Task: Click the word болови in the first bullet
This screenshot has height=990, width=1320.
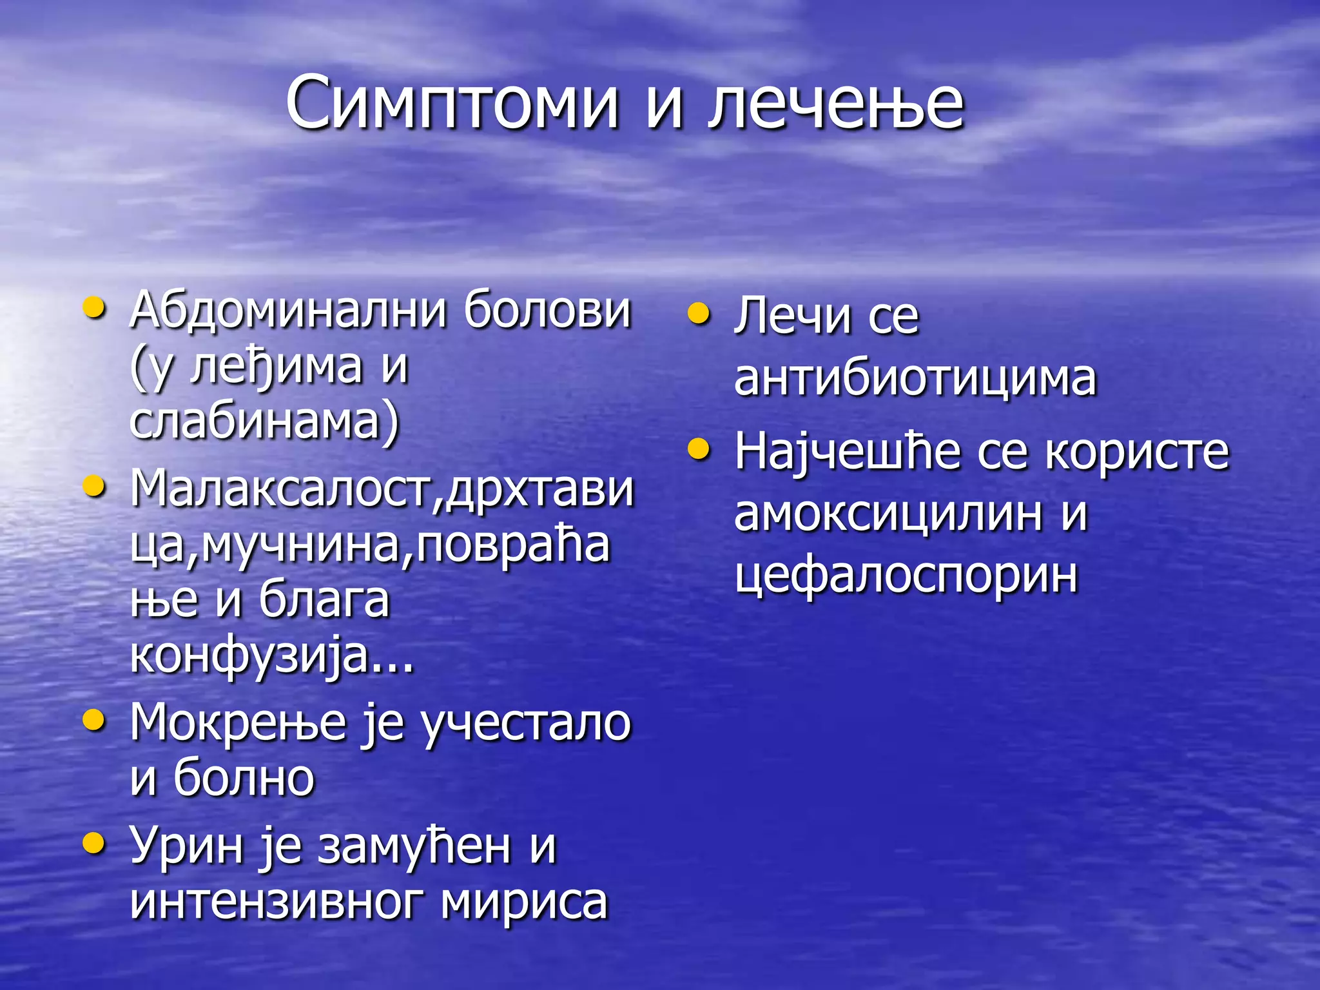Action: coord(547,311)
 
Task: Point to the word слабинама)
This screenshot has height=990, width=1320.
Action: coord(264,423)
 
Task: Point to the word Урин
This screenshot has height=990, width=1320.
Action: coord(187,846)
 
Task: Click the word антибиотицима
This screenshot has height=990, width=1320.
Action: coord(915,378)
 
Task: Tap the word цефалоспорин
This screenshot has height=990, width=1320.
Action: coord(906,575)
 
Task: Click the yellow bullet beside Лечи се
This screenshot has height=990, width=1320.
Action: coord(699,314)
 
